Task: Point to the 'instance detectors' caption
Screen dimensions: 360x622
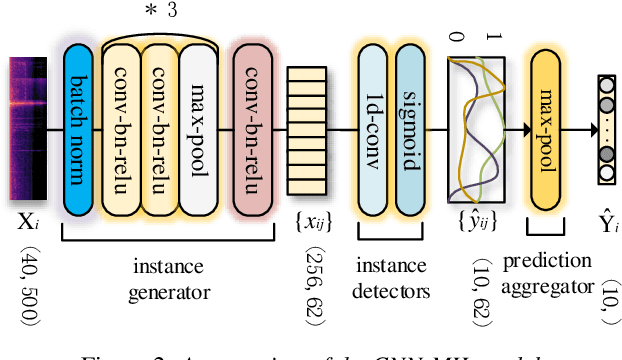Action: coord(391,281)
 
